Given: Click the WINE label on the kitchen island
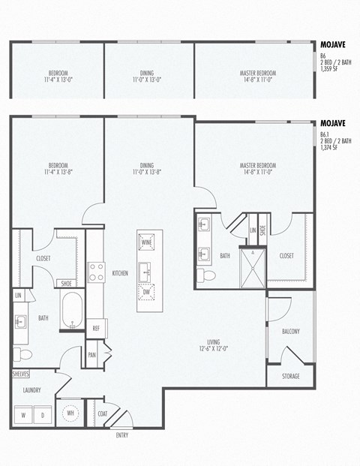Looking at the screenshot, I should pyautogui.click(x=147, y=242).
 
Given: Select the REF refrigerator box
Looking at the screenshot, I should pyautogui.click(x=97, y=329).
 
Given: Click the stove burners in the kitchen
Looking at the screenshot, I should pyautogui.click(x=96, y=272).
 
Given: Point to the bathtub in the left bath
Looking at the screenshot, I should pyautogui.click(x=72, y=310).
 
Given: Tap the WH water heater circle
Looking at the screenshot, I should pyautogui.click(x=71, y=413).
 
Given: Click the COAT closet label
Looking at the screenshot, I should pyautogui.click(x=103, y=413).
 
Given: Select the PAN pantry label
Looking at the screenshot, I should pyautogui.click(x=92, y=354).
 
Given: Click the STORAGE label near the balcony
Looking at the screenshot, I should pyautogui.click(x=290, y=375).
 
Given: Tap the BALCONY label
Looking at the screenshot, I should pyautogui.click(x=290, y=331).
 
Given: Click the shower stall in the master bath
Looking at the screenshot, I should pyautogui.click(x=253, y=266).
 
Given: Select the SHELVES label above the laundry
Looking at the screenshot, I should pyautogui.click(x=20, y=373).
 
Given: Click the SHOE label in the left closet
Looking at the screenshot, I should pyautogui.click(x=67, y=283).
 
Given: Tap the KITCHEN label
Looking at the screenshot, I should pyautogui.click(x=120, y=273).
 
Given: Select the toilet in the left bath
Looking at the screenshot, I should pyautogui.click(x=23, y=353).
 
